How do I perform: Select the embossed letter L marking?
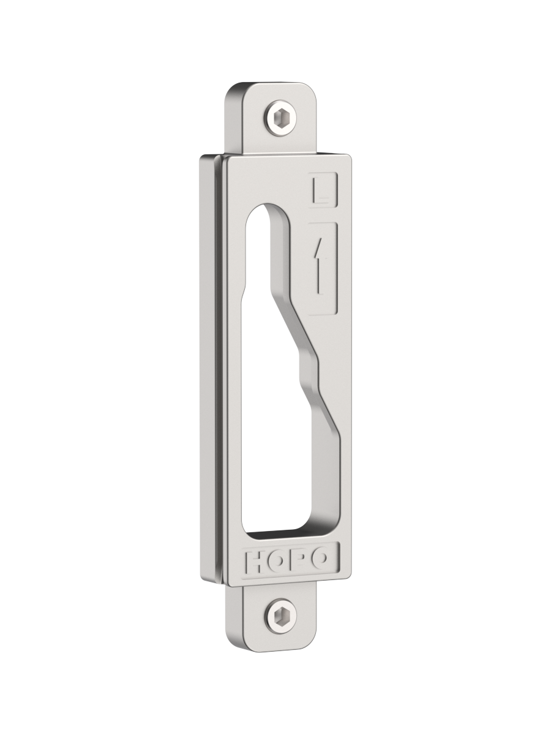pos(322,190)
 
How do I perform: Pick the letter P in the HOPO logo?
pos(297,564)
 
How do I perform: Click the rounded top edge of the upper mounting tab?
pos(272,86)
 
